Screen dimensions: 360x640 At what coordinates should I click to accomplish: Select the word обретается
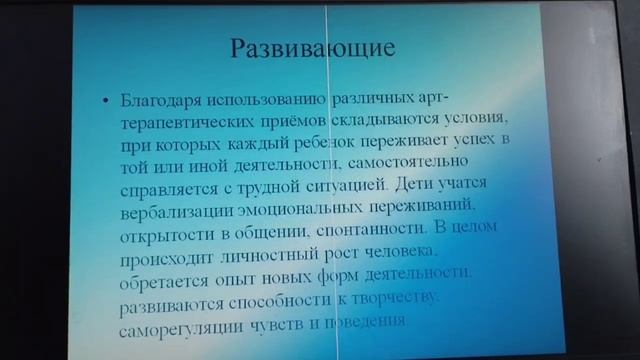click(x=170, y=277)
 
